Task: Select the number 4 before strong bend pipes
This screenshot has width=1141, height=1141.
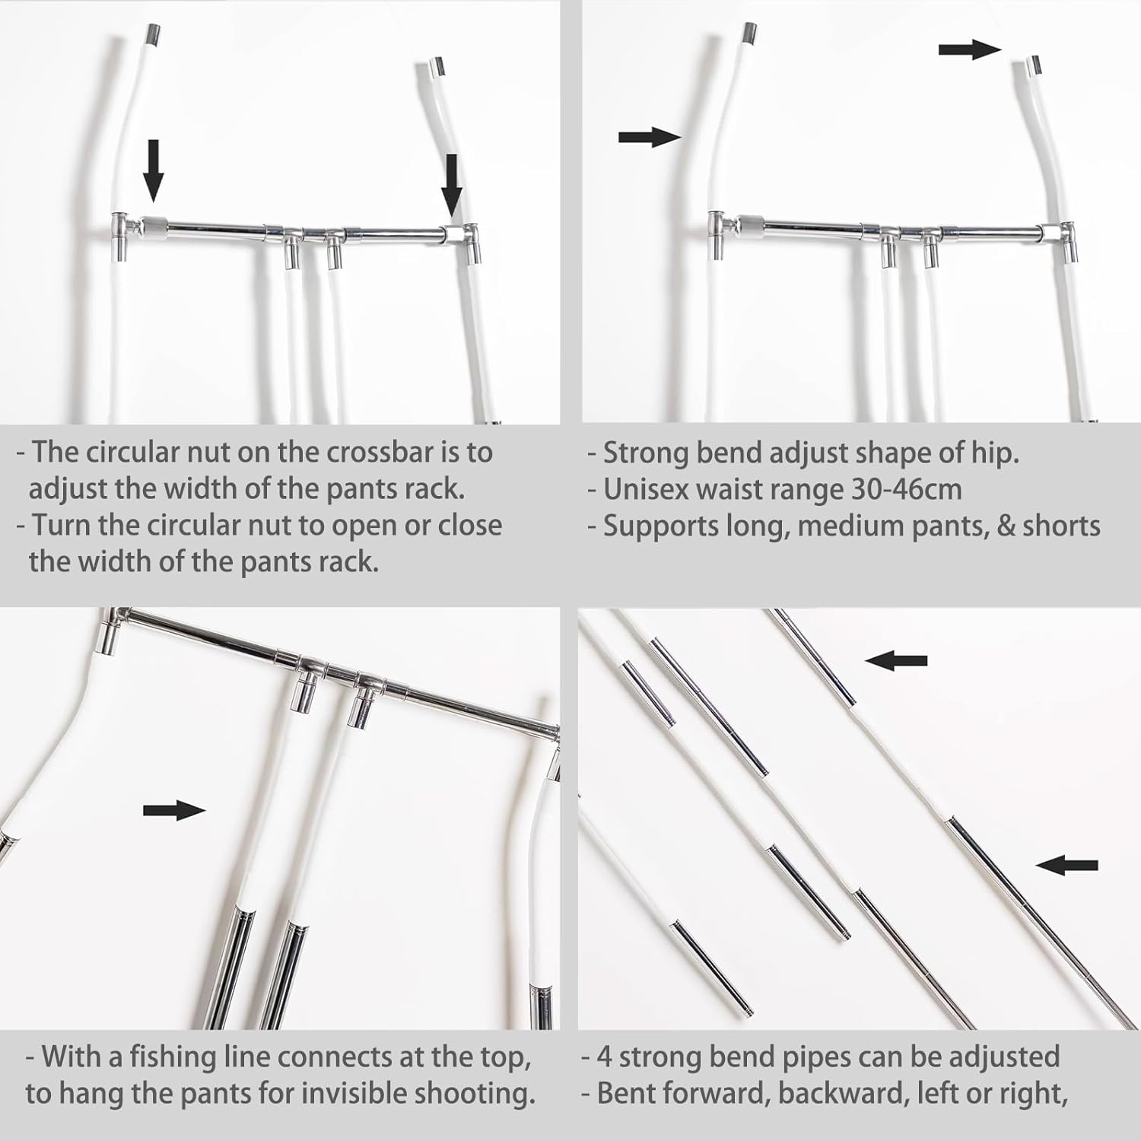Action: pos(604,1057)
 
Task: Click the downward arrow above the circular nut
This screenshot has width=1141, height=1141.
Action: pos(154,169)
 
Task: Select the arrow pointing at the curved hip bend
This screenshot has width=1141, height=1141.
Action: pos(649,137)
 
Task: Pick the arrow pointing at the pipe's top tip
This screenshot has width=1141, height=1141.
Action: pos(968,50)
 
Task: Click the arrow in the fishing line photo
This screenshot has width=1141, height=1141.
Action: pos(174,811)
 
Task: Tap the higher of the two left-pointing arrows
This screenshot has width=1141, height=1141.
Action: pos(896,661)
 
